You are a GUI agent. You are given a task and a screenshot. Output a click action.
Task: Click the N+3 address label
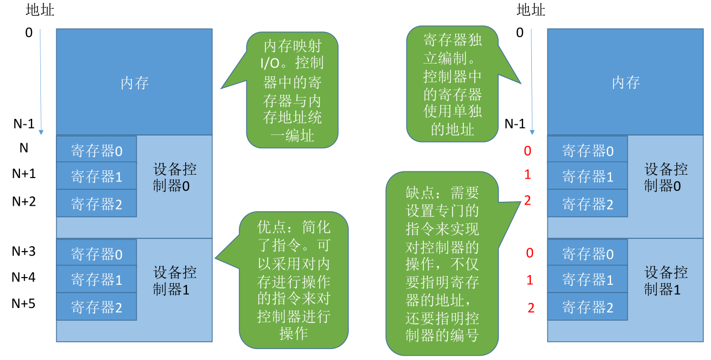(23, 252)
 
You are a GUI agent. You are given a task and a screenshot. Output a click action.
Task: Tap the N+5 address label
(23, 304)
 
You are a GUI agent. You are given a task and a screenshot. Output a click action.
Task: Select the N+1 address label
(24, 174)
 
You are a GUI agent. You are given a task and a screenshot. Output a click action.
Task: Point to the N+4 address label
(23, 278)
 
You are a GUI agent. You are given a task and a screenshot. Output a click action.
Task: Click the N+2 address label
(24, 202)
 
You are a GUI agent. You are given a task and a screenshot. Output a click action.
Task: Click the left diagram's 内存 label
(134, 83)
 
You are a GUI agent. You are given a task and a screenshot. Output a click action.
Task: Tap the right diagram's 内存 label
(626, 82)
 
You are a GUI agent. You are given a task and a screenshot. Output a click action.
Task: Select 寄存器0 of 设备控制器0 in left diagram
(97, 151)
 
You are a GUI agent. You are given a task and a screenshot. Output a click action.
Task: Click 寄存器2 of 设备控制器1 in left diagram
(97, 307)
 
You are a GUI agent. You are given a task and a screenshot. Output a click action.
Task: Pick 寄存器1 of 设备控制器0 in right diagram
(588, 176)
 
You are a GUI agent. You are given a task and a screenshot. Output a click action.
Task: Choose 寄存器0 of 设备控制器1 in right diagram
(588, 254)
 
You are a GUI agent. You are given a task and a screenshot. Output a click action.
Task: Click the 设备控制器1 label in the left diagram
(174, 281)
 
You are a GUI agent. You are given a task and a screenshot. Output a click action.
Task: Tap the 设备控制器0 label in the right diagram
(666, 178)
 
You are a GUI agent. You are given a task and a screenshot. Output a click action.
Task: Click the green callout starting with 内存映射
(292, 90)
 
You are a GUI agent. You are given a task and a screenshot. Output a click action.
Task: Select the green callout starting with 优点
(294, 280)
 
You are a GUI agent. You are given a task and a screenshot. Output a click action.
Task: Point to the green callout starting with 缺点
(442, 263)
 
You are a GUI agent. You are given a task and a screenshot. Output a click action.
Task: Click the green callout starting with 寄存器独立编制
(452, 84)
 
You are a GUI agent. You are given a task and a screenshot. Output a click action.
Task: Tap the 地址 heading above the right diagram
(531, 10)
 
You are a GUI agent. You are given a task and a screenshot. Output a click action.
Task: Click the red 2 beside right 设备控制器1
(531, 308)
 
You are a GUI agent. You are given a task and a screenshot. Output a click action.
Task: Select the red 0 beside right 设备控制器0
(527, 151)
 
